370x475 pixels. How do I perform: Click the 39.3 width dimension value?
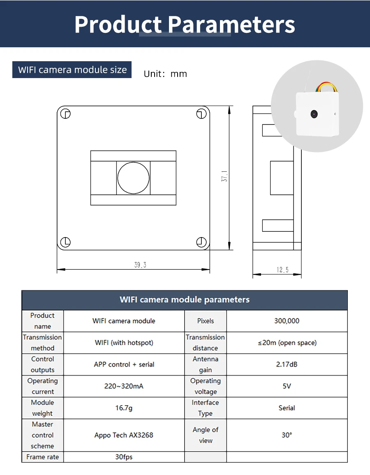tap(140, 265)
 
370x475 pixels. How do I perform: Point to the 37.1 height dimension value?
tap(225, 177)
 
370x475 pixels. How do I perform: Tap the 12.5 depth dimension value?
tap(282, 270)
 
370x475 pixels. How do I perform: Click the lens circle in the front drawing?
tap(133, 178)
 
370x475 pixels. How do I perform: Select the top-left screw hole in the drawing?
tap(66, 113)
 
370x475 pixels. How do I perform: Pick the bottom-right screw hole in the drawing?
tap(201, 242)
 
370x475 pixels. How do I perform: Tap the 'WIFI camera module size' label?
tap(72, 70)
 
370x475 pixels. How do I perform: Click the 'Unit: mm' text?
tap(165, 74)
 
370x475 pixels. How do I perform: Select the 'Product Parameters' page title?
tap(185, 24)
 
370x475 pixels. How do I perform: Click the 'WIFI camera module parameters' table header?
tap(185, 300)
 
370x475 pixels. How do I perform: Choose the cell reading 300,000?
tap(287, 321)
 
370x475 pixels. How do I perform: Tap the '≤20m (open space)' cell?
tap(287, 343)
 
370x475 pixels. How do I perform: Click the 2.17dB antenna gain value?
tap(287, 364)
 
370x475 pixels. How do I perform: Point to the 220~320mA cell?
tap(124, 386)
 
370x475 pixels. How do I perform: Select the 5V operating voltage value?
tap(287, 386)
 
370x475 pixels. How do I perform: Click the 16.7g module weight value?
tap(124, 408)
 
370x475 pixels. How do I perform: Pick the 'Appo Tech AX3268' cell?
tap(124, 435)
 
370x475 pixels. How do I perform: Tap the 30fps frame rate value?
tap(124, 457)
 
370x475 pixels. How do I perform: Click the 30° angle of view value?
tap(287, 435)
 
